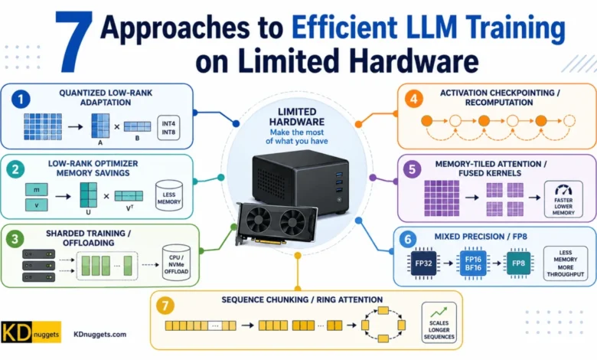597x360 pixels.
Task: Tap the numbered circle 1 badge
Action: [21, 100]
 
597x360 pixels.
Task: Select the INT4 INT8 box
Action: [168, 128]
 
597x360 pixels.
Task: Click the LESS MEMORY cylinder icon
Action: [169, 196]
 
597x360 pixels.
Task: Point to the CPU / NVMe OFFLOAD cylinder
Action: [176, 263]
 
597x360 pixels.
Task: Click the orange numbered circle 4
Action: [414, 99]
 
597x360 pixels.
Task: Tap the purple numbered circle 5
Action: [412, 169]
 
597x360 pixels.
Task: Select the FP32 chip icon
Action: [423, 263]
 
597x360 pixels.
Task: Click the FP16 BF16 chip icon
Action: [473, 263]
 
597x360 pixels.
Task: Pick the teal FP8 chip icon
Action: [518, 263]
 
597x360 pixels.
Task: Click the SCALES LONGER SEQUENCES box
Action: [439, 322]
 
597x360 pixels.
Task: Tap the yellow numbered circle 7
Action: [165, 306]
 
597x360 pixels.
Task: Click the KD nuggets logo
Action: [31, 332]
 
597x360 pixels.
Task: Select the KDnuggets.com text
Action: [99, 335]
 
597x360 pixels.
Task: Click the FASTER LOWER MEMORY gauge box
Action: [563, 199]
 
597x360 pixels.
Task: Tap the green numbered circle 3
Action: [15, 239]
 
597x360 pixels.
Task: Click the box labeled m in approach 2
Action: [37, 189]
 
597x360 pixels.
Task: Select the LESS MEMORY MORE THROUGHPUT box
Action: [566, 263]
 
